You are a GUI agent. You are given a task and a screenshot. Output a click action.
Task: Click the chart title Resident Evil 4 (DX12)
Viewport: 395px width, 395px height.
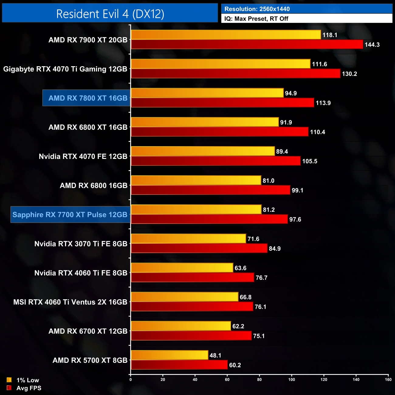click(110, 14)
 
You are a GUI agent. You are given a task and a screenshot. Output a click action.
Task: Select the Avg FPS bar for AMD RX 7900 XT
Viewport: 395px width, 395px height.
click(247, 44)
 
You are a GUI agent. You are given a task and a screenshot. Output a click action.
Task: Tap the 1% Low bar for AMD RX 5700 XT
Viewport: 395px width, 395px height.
click(170, 355)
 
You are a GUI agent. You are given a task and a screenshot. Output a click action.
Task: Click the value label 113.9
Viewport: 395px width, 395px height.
click(323, 103)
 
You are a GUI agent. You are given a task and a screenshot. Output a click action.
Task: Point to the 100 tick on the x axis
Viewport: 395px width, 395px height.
click(292, 379)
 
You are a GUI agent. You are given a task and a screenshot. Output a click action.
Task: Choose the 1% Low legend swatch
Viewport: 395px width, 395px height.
click(9, 380)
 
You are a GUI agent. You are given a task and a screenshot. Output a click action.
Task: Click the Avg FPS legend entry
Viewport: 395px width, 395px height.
click(29, 388)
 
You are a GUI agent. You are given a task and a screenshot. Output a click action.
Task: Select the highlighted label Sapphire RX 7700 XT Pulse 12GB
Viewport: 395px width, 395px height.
click(70, 215)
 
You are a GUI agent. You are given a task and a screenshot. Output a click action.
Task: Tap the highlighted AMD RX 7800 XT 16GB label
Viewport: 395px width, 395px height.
click(88, 98)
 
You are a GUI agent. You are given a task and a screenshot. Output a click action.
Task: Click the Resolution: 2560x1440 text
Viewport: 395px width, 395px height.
click(257, 9)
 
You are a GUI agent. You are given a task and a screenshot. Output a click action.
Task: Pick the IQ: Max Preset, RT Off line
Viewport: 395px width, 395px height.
click(256, 19)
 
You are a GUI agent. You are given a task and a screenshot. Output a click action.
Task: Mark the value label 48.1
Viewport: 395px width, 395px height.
click(215, 355)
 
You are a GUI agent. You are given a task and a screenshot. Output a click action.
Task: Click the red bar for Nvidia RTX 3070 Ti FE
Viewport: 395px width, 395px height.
click(199, 248)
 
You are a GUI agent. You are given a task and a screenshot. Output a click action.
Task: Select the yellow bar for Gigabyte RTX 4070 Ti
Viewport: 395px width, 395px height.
click(221, 64)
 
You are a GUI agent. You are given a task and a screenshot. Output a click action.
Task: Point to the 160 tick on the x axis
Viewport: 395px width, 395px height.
click(388, 379)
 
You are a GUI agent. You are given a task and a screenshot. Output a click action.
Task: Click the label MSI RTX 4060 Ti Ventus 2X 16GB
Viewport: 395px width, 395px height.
click(70, 302)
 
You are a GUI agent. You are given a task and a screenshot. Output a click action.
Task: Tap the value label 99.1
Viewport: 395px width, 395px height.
click(297, 191)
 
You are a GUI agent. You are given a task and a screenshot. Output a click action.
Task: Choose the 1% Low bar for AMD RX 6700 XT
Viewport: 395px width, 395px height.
click(181, 326)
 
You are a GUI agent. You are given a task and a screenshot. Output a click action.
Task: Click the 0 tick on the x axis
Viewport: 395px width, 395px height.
click(131, 379)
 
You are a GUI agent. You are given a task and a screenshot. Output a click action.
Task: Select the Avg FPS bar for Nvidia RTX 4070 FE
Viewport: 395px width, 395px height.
click(216, 161)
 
